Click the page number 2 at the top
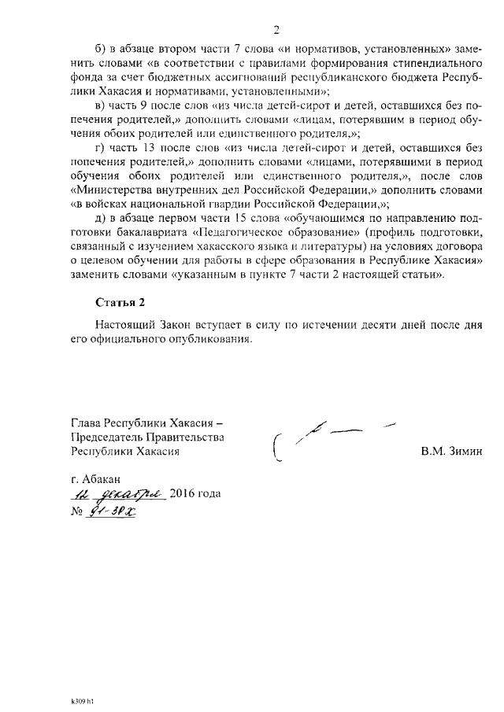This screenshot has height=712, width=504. pyautogui.click(x=276, y=31)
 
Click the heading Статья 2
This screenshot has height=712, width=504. pyautogui.click(x=120, y=302)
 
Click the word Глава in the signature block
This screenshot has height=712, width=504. pyautogui.click(x=87, y=423)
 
